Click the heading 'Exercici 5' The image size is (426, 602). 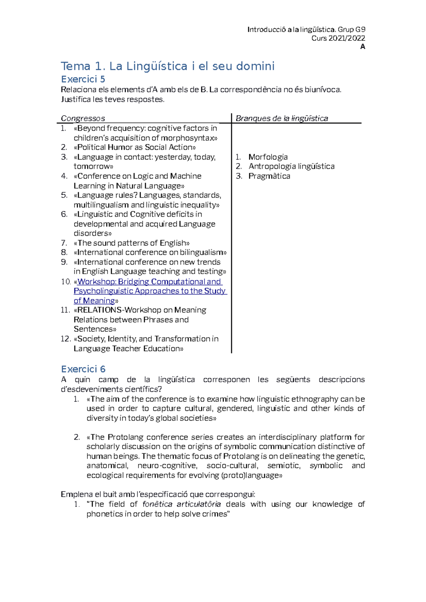(83, 79)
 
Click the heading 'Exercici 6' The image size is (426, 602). (83, 369)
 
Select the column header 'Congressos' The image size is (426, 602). (83, 118)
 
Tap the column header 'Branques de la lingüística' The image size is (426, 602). (282, 118)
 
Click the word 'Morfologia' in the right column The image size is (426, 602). (268, 157)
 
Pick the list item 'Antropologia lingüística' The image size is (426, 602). (291, 166)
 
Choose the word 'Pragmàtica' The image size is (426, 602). (269, 176)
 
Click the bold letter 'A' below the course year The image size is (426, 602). (362, 47)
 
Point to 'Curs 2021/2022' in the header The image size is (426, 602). (338, 38)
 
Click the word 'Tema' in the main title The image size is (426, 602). (75, 66)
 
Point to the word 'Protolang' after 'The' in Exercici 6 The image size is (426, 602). (125, 437)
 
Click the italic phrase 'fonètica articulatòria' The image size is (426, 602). (181, 504)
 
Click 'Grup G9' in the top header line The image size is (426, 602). (351, 29)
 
